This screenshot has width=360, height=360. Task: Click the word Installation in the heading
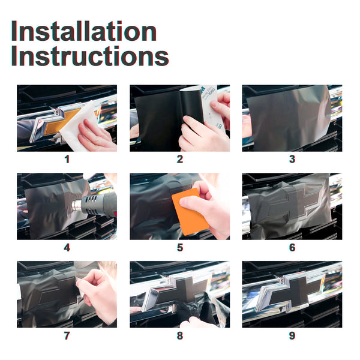[84, 31]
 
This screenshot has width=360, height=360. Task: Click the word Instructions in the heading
[90, 56]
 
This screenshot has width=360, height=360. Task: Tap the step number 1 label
[67, 160]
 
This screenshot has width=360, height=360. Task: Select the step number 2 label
[180, 160]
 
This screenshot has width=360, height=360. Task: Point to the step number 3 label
[292, 160]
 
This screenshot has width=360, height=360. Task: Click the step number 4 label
[67, 247]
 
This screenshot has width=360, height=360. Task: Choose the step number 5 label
[180, 247]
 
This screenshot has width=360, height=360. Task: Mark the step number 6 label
[292, 247]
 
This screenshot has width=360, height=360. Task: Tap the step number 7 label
[67, 335]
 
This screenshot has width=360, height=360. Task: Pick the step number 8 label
[180, 335]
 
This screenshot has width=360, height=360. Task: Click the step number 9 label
[292, 335]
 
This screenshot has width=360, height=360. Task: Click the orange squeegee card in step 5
[190, 212]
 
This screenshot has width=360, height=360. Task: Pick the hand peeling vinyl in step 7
[98, 292]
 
